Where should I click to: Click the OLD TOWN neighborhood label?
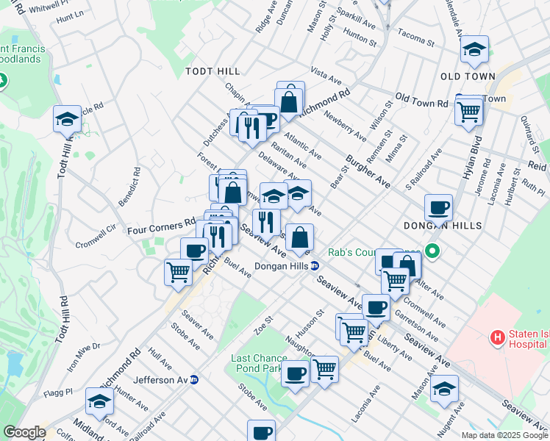click(468, 76)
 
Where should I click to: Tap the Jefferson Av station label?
click(162, 380)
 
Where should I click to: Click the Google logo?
click(24, 432)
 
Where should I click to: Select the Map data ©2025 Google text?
click(504, 435)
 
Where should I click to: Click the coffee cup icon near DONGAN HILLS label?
click(439, 207)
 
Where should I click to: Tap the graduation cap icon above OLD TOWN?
click(475, 50)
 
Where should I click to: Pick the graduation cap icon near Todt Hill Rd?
click(67, 119)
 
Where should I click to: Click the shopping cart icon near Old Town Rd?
click(468, 112)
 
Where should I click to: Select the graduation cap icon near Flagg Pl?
click(99, 401)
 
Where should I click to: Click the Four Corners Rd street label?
click(161, 229)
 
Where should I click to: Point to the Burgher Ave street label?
click(368, 168)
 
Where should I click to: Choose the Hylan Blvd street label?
click(473, 159)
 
